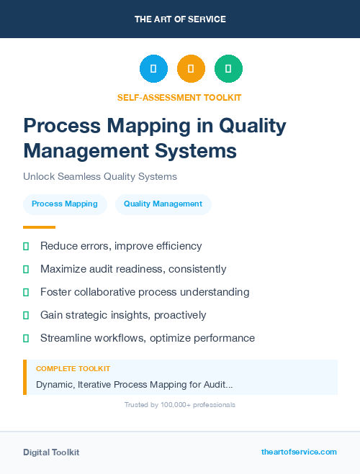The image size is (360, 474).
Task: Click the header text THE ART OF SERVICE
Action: (180, 19)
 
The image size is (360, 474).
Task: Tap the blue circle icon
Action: (153, 69)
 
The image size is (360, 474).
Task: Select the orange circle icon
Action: (191, 69)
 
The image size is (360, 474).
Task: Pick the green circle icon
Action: (228, 69)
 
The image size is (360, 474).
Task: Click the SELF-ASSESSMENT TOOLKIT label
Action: (179, 97)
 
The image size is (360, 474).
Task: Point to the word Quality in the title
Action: (252, 126)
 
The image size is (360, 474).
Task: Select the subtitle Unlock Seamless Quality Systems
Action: (100, 176)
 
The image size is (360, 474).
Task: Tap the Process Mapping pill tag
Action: (65, 204)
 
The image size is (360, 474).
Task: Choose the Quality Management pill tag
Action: (163, 204)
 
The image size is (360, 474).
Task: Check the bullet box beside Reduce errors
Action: (26, 247)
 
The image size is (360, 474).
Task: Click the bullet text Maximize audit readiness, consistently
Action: (133, 269)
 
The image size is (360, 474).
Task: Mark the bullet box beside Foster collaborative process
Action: (26, 293)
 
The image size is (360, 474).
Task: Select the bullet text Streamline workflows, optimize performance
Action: (148, 338)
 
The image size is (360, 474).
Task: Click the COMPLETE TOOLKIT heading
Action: (73, 369)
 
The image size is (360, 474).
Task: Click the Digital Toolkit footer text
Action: (51, 452)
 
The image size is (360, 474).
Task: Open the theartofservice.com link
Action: (299, 452)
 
